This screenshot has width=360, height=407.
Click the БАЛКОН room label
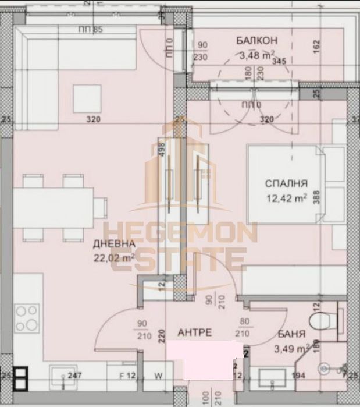tap(256, 40)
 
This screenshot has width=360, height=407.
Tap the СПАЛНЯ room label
tap(286, 183)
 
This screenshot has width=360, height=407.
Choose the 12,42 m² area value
tap(286, 198)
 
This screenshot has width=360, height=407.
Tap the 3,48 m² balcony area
tap(256, 56)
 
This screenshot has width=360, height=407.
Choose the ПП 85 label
tap(90, 30)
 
